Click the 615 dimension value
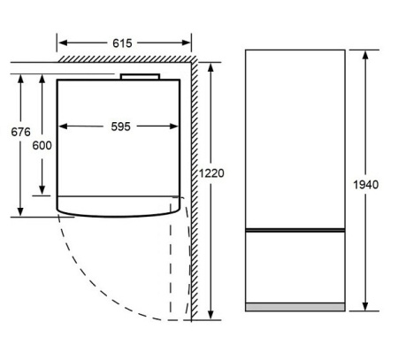122,43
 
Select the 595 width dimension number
120,126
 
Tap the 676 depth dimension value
20,132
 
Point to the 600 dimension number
42,145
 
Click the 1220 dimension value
211,173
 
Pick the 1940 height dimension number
366,185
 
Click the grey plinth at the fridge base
295,307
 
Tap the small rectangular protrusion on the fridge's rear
140,77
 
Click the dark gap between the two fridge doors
295,230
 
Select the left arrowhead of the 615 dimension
63,42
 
